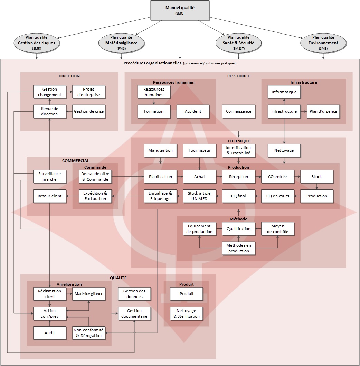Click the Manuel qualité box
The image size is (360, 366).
[x=180, y=10]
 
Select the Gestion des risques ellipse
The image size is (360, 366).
[x=36, y=43]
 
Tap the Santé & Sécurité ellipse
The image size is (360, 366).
[x=238, y=43]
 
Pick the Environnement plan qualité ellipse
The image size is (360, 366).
[x=323, y=43]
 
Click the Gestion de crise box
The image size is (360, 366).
[x=89, y=111]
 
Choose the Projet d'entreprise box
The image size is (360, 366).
[x=89, y=92]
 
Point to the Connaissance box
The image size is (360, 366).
[x=238, y=111]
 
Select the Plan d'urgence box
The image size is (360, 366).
[x=323, y=111]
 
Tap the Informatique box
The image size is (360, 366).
[x=284, y=92]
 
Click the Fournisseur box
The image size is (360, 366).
[x=199, y=150]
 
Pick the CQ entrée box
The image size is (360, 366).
[x=277, y=177]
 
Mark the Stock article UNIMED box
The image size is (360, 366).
[x=199, y=196]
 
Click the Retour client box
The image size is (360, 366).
[x=50, y=196]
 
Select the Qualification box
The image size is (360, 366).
[x=238, y=229]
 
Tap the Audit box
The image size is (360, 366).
[x=50, y=333]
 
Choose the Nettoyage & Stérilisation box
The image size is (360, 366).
[x=187, y=313]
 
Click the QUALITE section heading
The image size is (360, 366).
[x=118, y=278]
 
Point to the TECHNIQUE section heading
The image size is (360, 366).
[x=238, y=141]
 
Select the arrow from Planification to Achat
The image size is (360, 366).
[x=180, y=177]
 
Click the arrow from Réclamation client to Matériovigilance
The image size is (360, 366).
[x=69, y=294]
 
